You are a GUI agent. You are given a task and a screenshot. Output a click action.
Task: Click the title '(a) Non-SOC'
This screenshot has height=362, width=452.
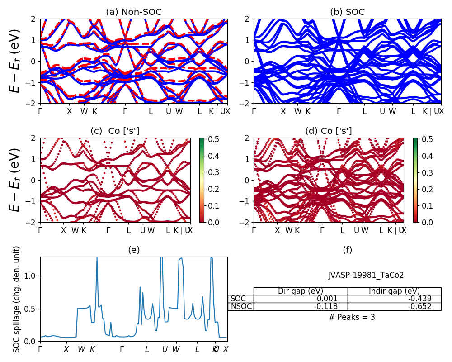coord(133,12)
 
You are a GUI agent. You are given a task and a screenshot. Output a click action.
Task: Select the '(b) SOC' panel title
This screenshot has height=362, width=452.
coord(347,12)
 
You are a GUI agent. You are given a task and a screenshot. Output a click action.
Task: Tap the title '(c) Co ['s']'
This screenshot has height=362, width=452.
coord(115,131)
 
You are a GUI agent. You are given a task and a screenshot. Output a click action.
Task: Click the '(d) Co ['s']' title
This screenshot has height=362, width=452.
coord(329,131)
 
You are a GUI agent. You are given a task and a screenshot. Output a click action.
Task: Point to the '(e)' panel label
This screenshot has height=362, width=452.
coord(134,250)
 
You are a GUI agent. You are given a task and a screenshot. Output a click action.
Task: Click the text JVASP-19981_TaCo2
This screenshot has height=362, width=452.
coord(366,275)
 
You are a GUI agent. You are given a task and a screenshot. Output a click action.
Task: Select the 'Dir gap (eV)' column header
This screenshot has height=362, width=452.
coord(301,291)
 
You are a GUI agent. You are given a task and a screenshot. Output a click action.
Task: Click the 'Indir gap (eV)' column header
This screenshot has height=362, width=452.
coord(394,291)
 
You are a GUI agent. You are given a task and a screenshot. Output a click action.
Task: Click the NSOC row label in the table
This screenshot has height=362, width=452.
coord(241,306)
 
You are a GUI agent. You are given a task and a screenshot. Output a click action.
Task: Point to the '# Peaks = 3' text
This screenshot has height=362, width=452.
coord(352,317)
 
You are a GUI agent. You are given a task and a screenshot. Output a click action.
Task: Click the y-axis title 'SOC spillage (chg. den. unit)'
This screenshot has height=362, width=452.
coord(17,299)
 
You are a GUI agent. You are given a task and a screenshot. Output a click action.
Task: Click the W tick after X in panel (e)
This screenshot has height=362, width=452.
coord(81,349)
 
